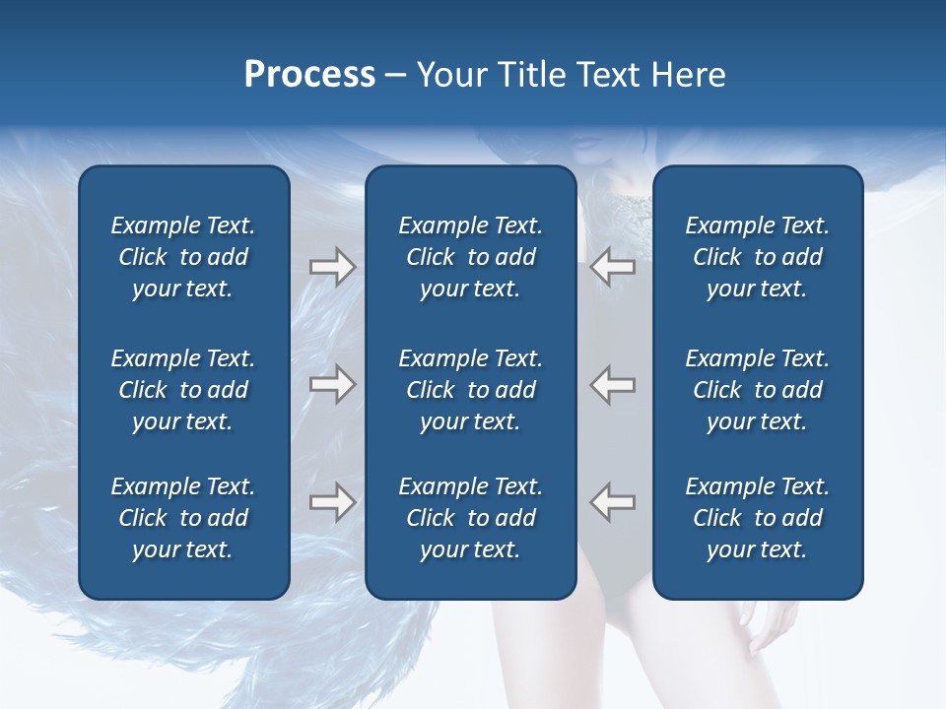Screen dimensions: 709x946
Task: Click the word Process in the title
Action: click(309, 75)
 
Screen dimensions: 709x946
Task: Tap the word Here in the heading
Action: click(688, 75)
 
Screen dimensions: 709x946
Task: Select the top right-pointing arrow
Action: click(332, 267)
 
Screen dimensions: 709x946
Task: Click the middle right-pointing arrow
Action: click(332, 384)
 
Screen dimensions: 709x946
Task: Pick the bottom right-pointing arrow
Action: click(332, 501)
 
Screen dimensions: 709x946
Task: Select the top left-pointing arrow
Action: click(613, 267)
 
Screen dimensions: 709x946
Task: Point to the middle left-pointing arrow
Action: click(613, 384)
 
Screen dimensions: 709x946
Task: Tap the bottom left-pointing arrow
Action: click(613, 501)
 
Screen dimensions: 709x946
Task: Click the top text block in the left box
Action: click(183, 257)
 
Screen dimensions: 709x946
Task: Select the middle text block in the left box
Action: click(183, 390)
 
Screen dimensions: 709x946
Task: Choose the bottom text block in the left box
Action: click(183, 518)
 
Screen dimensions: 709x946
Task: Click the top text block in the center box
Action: click(471, 257)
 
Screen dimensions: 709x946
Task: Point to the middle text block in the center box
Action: click(471, 390)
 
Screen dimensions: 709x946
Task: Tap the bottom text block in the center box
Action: click(471, 518)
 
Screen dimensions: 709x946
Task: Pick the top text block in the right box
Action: click(758, 257)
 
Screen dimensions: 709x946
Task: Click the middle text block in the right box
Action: click(758, 390)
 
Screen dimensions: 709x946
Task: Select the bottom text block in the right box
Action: click(758, 518)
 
